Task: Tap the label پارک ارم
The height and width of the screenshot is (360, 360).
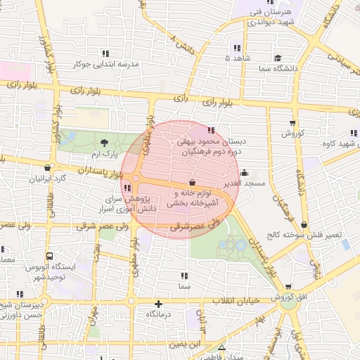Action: click(100, 154)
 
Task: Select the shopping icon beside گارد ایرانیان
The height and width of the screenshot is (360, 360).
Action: click(48, 168)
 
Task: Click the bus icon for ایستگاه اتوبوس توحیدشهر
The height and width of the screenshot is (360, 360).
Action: click(49, 257)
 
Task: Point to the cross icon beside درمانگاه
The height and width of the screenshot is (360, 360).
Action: click(159, 304)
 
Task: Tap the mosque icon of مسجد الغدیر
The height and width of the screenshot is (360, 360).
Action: click(244, 172)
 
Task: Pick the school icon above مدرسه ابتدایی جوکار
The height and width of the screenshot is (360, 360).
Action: click(105, 53)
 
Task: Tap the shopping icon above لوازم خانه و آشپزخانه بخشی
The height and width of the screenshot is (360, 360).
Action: click(191, 182)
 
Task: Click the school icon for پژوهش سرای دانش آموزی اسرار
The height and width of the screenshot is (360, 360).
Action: click(127, 188)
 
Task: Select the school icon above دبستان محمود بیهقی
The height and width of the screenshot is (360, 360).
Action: click(212, 129)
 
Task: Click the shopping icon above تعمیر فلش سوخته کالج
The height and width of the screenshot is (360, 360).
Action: click(304, 224)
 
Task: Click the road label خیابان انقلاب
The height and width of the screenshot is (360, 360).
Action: click(232, 300)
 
